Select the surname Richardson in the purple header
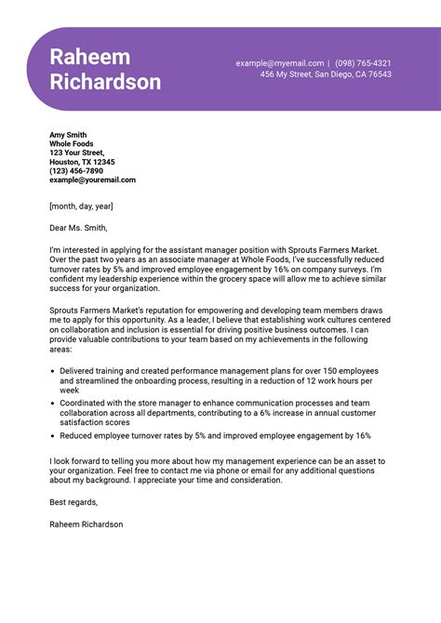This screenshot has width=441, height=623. click(x=105, y=82)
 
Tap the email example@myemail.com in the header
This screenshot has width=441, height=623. click(x=279, y=63)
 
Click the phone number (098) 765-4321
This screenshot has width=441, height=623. click(x=363, y=63)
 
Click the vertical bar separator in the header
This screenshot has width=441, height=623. click(x=328, y=63)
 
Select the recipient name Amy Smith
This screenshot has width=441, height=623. click(x=68, y=135)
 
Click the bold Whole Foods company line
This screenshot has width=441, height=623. click(x=73, y=144)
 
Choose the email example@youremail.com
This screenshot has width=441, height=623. click(x=92, y=179)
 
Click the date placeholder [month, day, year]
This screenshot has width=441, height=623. click(x=81, y=205)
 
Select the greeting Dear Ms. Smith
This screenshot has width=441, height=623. click(x=78, y=228)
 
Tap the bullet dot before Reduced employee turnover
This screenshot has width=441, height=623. click(x=52, y=435)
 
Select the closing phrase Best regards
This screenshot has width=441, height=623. click(x=73, y=502)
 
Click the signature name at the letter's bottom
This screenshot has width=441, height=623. click(x=86, y=524)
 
